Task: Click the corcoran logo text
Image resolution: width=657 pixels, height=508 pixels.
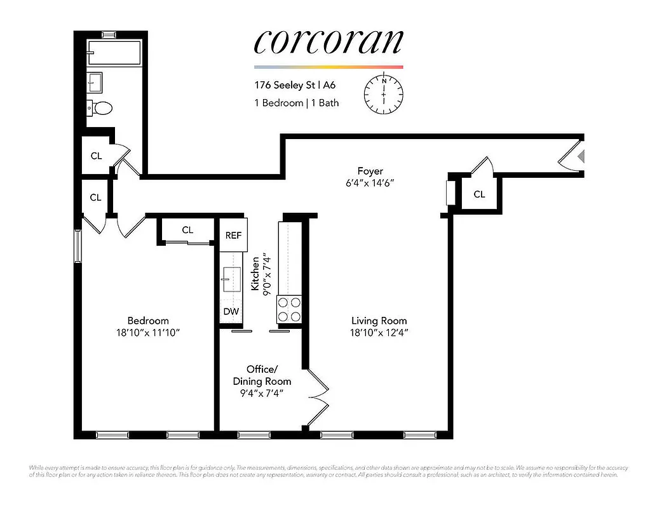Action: pos(328,41)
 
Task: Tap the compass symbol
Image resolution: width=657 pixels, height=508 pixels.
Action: pos(384,93)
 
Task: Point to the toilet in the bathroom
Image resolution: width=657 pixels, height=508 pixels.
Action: pos(100,109)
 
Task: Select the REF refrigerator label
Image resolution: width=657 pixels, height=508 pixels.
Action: pos(233,235)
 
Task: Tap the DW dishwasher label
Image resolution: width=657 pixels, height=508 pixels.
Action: pos(232,312)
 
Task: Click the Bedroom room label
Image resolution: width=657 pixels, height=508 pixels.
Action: pos(147,321)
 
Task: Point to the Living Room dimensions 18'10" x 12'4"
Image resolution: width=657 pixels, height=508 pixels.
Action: pos(378,332)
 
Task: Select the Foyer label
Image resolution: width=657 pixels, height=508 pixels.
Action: pos(370,171)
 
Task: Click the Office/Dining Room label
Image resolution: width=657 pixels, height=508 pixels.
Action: pos(262,375)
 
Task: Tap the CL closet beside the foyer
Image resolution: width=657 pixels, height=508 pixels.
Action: pos(479,194)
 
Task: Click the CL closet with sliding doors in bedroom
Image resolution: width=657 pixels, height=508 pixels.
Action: pos(187,230)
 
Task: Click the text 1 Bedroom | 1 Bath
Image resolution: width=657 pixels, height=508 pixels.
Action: pos(296,102)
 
